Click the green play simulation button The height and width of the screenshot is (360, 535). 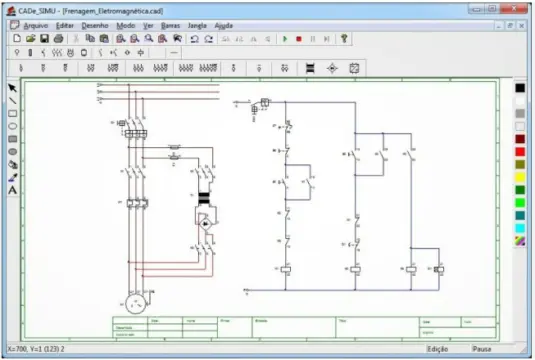tap(285, 38)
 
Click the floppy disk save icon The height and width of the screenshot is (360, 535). tap(45, 38)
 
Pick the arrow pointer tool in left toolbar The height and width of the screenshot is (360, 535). tap(13, 88)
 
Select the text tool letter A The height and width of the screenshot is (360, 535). tap(13, 190)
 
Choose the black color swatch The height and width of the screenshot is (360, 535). tap(520, 88)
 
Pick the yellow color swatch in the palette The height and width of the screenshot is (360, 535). tap(520, 177)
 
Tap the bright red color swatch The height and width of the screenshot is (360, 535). tap(520, 139)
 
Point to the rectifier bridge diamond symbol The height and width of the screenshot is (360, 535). tap(206, 227)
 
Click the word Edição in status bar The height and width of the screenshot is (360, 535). tap(438, 349)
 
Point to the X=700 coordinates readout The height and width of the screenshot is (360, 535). tap(40, 349)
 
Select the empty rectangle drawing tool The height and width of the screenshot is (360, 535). tap(13, 113)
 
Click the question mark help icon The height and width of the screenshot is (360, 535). tap(344, 38)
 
